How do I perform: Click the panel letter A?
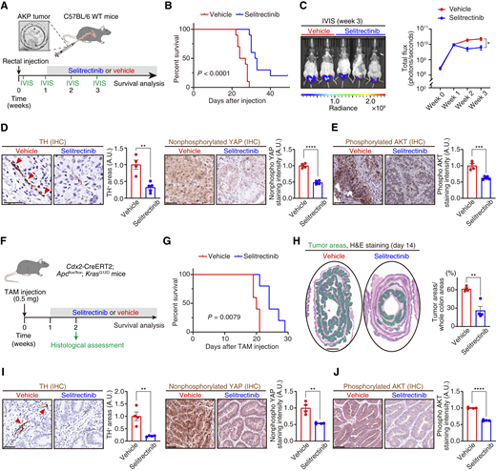(x=6, y=7)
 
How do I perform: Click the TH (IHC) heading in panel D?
(x=44, y=125)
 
